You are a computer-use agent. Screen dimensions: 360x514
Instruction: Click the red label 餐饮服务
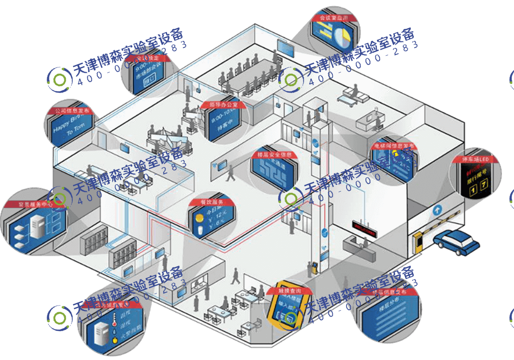click(x=212, y=201)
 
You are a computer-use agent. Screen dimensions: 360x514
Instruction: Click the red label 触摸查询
click(x=284, y=290)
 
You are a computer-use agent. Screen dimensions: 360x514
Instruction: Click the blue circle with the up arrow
click(x=437, y=210)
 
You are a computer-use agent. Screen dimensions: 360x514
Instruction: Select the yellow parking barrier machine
click(x=417, y=242)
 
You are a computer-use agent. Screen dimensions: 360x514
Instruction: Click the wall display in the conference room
click(x=284, y=45)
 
